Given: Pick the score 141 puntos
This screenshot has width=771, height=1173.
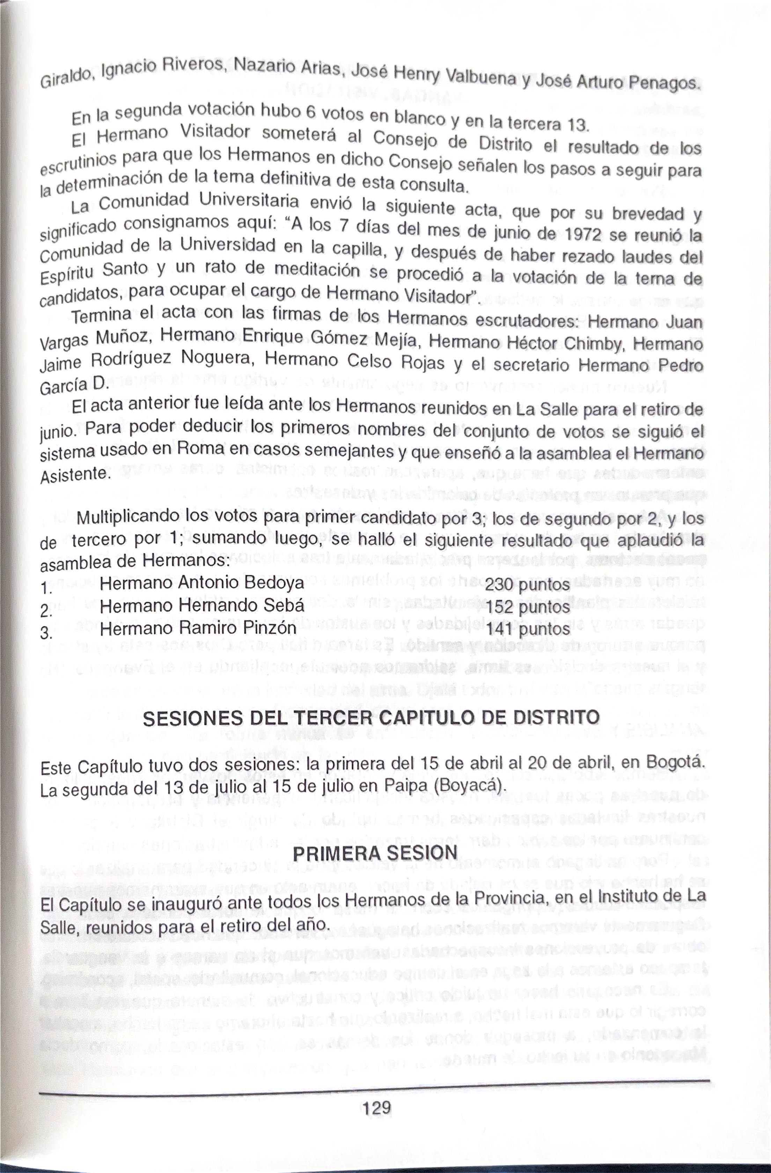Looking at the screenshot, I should point(528,629).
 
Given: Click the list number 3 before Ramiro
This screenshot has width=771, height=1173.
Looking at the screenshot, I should point(46,633).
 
